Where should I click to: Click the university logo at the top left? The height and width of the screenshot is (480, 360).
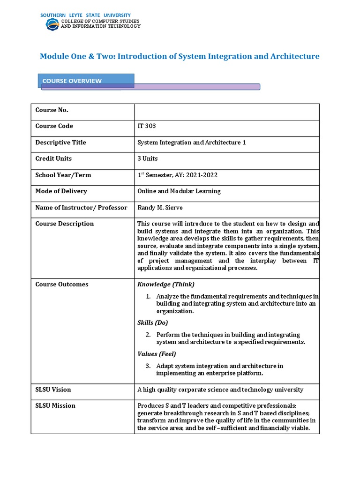52,24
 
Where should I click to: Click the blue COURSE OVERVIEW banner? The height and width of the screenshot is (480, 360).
87,81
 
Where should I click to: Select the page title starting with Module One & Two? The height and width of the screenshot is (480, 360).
180,56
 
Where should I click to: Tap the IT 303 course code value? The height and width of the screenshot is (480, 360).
146,126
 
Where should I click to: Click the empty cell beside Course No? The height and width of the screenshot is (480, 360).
227,110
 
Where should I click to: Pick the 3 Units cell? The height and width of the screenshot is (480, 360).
147,158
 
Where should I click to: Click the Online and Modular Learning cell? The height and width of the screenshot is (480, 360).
179,191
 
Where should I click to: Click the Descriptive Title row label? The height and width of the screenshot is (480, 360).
60,142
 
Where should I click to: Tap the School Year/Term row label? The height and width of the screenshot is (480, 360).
63,175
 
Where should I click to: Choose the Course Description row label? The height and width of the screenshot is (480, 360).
64,224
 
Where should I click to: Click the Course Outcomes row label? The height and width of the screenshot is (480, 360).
61,285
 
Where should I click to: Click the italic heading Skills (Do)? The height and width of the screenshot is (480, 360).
152,322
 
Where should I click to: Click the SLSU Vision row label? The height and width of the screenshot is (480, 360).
53,390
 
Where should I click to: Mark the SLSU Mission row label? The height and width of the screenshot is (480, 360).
55,405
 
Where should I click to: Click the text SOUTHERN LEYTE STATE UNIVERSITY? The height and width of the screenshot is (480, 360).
85,15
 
